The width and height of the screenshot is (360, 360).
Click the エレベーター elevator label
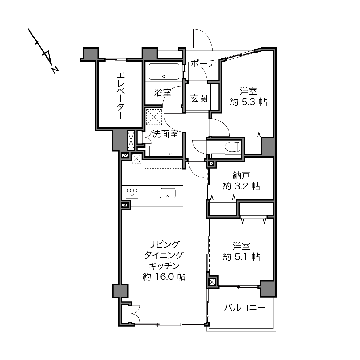pos(121,96)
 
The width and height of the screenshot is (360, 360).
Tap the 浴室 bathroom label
pos(162,93)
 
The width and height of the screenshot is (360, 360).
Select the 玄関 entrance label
pos(199,99)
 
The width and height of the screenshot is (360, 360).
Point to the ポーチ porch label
pos(203,64)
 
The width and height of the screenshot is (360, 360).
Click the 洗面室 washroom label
pos(165,134)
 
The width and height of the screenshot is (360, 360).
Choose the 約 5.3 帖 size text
pos(248,102)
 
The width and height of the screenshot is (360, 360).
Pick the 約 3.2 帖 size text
pos(241,186)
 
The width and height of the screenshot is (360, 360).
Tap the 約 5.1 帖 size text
pos(241,257)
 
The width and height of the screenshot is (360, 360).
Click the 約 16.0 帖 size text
pos(164,277)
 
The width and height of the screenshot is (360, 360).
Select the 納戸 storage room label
pos(241,175)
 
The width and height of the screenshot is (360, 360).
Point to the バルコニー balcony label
pos(244,308)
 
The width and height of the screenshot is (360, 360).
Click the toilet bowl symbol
pos(232,147)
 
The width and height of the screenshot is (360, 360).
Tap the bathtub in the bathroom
pos(164,72)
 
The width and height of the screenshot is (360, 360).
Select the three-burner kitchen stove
pos(132,193)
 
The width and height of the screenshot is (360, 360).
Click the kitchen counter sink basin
pos(168,193)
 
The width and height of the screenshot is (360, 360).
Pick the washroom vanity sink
pos(170,152)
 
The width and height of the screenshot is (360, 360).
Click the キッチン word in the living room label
pos(164,266)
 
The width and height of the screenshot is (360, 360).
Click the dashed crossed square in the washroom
pos(154,117)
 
